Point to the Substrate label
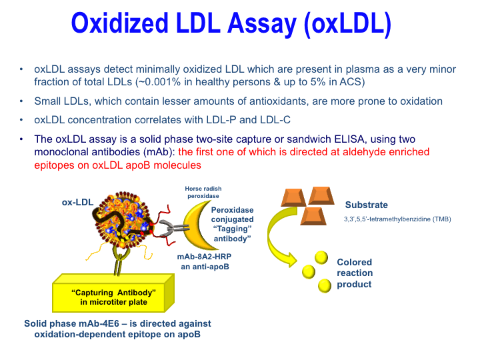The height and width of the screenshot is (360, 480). pos(366,205)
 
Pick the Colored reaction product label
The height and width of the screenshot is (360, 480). pos(355,273)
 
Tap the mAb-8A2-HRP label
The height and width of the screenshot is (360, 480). pos(203,257)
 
